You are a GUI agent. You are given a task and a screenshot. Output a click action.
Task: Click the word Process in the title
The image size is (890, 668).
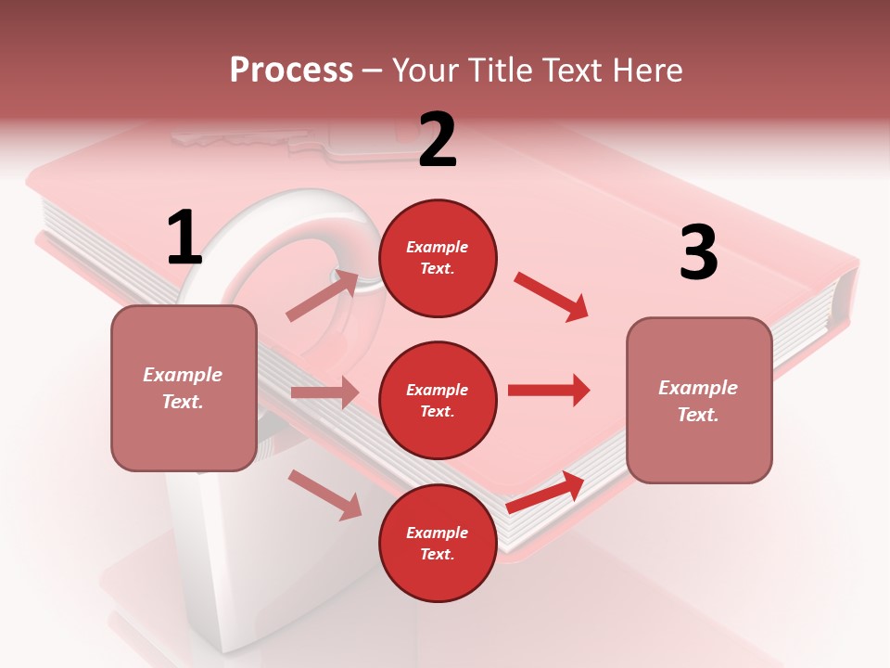tap(291, 70)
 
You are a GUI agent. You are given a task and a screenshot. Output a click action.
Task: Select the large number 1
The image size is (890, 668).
tap(184, 238)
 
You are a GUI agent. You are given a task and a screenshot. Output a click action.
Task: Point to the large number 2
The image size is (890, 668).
tap(438, 140)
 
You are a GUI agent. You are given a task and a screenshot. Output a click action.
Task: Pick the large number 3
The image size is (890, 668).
tap(698, 252)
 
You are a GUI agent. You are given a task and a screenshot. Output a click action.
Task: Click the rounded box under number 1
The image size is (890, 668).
tap(184, 388)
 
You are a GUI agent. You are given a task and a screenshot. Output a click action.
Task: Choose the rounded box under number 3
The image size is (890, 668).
tap(699, 401)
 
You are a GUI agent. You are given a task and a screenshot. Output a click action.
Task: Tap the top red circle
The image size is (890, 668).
tap(438, 258)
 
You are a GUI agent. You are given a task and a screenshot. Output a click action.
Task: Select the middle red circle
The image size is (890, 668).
tap(438, 400)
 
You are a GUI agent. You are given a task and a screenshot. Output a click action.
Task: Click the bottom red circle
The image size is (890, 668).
tap(438, 543)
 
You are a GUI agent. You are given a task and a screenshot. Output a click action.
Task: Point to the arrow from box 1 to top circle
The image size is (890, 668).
tap(323, 296)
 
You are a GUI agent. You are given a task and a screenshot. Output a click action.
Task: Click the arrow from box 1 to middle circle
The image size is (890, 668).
tap(324, 392)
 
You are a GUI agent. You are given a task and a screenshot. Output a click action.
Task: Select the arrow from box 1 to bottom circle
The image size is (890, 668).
tap(325, 495)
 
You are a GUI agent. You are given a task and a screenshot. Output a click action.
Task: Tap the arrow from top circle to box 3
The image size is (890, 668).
tap(551, 297)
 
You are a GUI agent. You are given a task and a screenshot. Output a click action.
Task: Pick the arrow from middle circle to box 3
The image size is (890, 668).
tap(549, 390)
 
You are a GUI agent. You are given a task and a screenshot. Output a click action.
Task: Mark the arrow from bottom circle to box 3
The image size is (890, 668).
tap(545, 493)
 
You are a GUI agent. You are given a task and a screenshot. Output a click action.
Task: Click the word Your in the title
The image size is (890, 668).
tap(423, 70)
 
